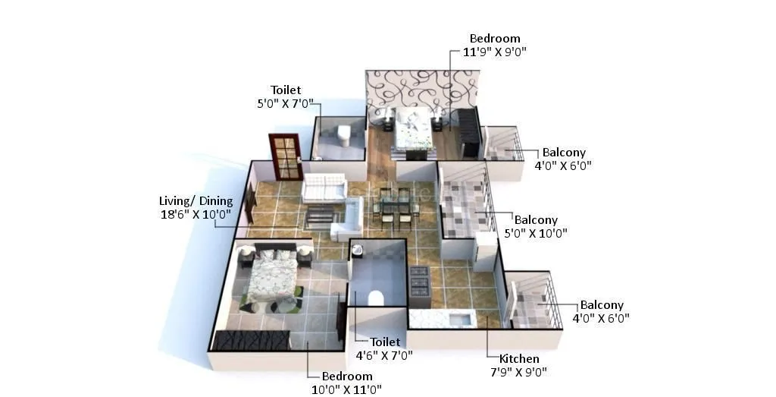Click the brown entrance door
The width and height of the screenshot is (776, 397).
[284, 155]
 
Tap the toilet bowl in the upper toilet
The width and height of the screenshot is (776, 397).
[343, 135]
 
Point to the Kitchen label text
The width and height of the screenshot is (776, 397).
[519, 358]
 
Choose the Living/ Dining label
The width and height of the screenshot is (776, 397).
[196, 201]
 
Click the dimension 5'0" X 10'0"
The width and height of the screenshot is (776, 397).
[536, 233]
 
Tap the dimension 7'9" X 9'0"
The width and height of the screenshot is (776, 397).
[519, 372]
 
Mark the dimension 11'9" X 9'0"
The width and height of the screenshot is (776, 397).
[495, 52]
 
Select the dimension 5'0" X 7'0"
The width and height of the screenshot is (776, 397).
[286, 103]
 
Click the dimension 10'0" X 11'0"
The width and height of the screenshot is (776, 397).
[347, 389]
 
